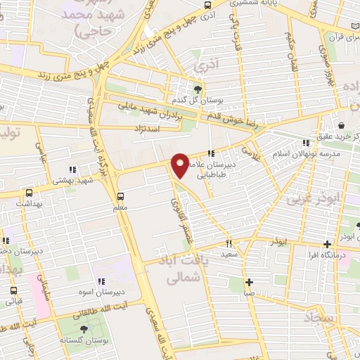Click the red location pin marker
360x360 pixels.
click(x=180, y=165)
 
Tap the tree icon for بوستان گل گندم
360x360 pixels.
click(x=198, y=89)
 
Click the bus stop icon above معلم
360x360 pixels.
click(x=121, y=196)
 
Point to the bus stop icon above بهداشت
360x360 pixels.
click(x=29, y=193)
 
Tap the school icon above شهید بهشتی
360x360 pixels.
click(x=71, y=169)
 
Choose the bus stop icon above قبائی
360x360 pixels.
click(x=13, y=290)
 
